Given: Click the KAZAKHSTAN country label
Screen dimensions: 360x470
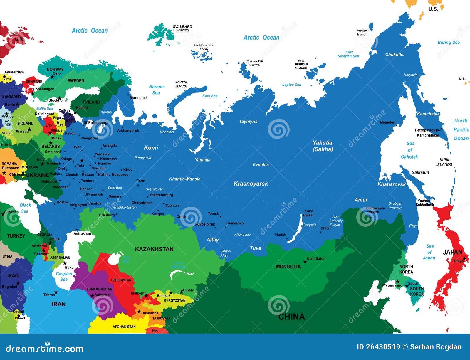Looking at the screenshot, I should (154, 249).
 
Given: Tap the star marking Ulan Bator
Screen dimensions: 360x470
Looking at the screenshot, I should (305, 262).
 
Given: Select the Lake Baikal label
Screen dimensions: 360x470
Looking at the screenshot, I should (309, 213).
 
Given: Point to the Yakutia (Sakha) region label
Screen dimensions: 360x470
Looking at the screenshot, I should (323, 146).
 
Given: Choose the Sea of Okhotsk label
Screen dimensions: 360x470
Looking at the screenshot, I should (409, 150).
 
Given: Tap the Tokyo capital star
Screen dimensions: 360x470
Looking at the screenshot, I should (464, 259).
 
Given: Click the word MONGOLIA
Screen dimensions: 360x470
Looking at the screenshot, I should (288, 267).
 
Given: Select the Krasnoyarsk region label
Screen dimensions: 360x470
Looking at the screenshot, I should (251, 184).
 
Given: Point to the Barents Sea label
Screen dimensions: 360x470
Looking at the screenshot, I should (157, 90).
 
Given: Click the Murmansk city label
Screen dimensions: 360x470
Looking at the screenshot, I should (139, 98).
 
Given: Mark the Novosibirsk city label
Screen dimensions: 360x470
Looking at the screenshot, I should (205, 224).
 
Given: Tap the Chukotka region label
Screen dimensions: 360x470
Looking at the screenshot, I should (395, 55).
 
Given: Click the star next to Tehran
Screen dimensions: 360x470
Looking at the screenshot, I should (56, 292).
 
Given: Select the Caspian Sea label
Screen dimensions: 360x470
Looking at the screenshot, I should (64, 276).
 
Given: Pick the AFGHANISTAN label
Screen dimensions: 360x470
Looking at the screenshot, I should (124, 327).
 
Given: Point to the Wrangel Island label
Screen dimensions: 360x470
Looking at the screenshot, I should (362, 32).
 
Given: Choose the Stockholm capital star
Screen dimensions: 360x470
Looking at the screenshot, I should (60, 98).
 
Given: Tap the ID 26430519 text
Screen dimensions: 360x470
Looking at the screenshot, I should (378, 347).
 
